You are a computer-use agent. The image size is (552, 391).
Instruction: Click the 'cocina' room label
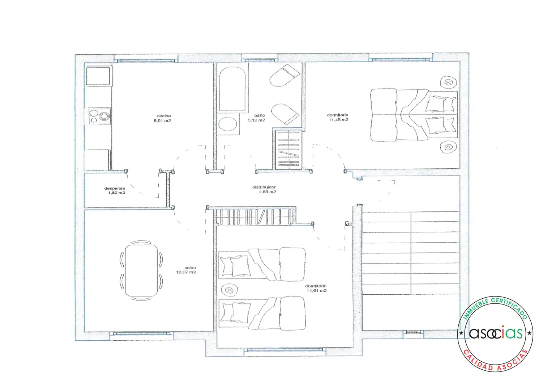coord(164,116)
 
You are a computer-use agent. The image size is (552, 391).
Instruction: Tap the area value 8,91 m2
coord(162,121)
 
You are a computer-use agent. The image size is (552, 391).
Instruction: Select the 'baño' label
coord(260,115)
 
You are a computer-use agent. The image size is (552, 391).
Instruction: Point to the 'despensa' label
coord(115,188)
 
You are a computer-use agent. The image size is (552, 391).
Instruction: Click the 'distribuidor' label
coord(264,187)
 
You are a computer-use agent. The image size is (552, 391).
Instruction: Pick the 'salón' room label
coord(190,268)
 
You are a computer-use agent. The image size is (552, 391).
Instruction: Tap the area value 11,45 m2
coord(339,120)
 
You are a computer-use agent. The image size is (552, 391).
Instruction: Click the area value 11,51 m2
coord(317,291)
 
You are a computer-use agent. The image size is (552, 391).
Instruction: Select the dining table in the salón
coord(141,270)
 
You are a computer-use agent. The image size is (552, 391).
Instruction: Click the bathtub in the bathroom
coord(232,89)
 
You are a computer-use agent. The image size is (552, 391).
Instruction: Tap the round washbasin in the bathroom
coord(228,124)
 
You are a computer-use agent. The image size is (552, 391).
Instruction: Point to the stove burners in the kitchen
coord(99,116)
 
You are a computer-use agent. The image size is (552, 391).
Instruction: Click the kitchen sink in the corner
coord(98,76)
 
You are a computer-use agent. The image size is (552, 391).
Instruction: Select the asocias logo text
coord(496,333)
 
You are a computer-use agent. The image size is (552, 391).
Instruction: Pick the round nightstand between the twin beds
coord(229,290)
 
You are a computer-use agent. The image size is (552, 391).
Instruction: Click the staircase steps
coord(411,253)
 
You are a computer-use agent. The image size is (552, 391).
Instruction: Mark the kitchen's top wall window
coord(146,60)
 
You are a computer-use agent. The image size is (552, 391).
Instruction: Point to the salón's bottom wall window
coord(141,333)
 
